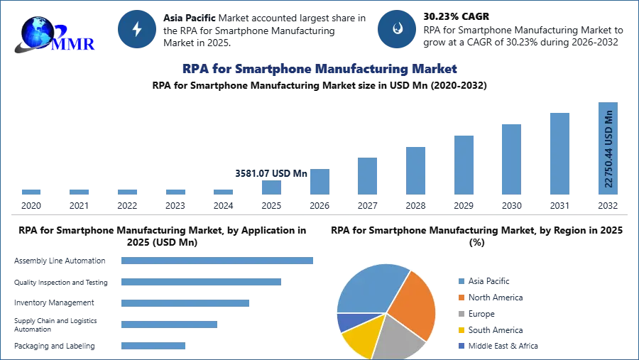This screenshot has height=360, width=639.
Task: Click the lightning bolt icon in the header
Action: pos(137,29)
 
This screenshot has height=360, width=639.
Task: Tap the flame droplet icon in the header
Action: pos(397,29)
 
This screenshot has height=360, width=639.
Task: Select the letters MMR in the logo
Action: pos(73,43)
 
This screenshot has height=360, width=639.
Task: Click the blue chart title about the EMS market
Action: pos(319,69)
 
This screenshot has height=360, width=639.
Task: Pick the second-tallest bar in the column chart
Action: pos(559,153)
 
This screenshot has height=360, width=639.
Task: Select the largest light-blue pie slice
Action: pos(369,288)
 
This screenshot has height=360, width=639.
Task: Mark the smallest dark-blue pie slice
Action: pos(347,322)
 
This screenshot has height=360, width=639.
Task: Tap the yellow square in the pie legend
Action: pos(460,329)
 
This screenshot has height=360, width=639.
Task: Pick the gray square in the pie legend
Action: pos(460,313)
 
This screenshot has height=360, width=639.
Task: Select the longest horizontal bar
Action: pos(218,261)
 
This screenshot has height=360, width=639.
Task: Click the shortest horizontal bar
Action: pos(153,347)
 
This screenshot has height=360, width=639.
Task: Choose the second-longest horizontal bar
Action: pos(201,284)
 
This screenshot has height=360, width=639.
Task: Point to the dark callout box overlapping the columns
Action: pos(271,173)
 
